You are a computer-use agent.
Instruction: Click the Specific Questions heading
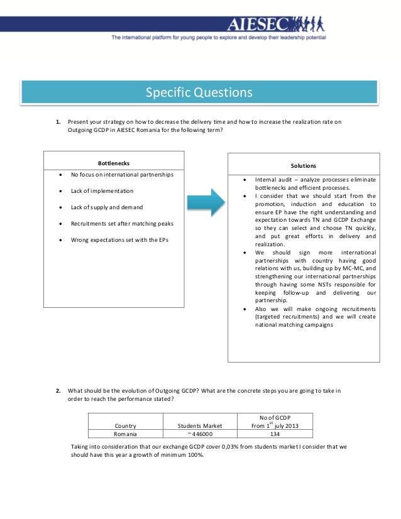[199, 93]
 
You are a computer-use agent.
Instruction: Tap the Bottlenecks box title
[114, 163]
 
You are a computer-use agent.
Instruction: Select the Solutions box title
[303, 165]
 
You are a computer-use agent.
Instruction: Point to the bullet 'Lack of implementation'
[102, 190]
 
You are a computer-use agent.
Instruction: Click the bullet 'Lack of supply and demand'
[106, 207]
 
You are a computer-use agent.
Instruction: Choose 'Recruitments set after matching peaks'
[122, 223]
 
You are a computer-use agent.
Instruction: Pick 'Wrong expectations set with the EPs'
[120, 239]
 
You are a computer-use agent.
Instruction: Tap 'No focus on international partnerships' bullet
[122, 174]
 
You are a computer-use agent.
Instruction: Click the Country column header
[125, 426]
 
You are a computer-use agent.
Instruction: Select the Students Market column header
[200, 426]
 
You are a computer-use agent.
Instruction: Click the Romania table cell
[125, 434]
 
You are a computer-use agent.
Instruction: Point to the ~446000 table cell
[200, 434]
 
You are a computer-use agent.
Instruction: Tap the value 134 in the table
[275, 434]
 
